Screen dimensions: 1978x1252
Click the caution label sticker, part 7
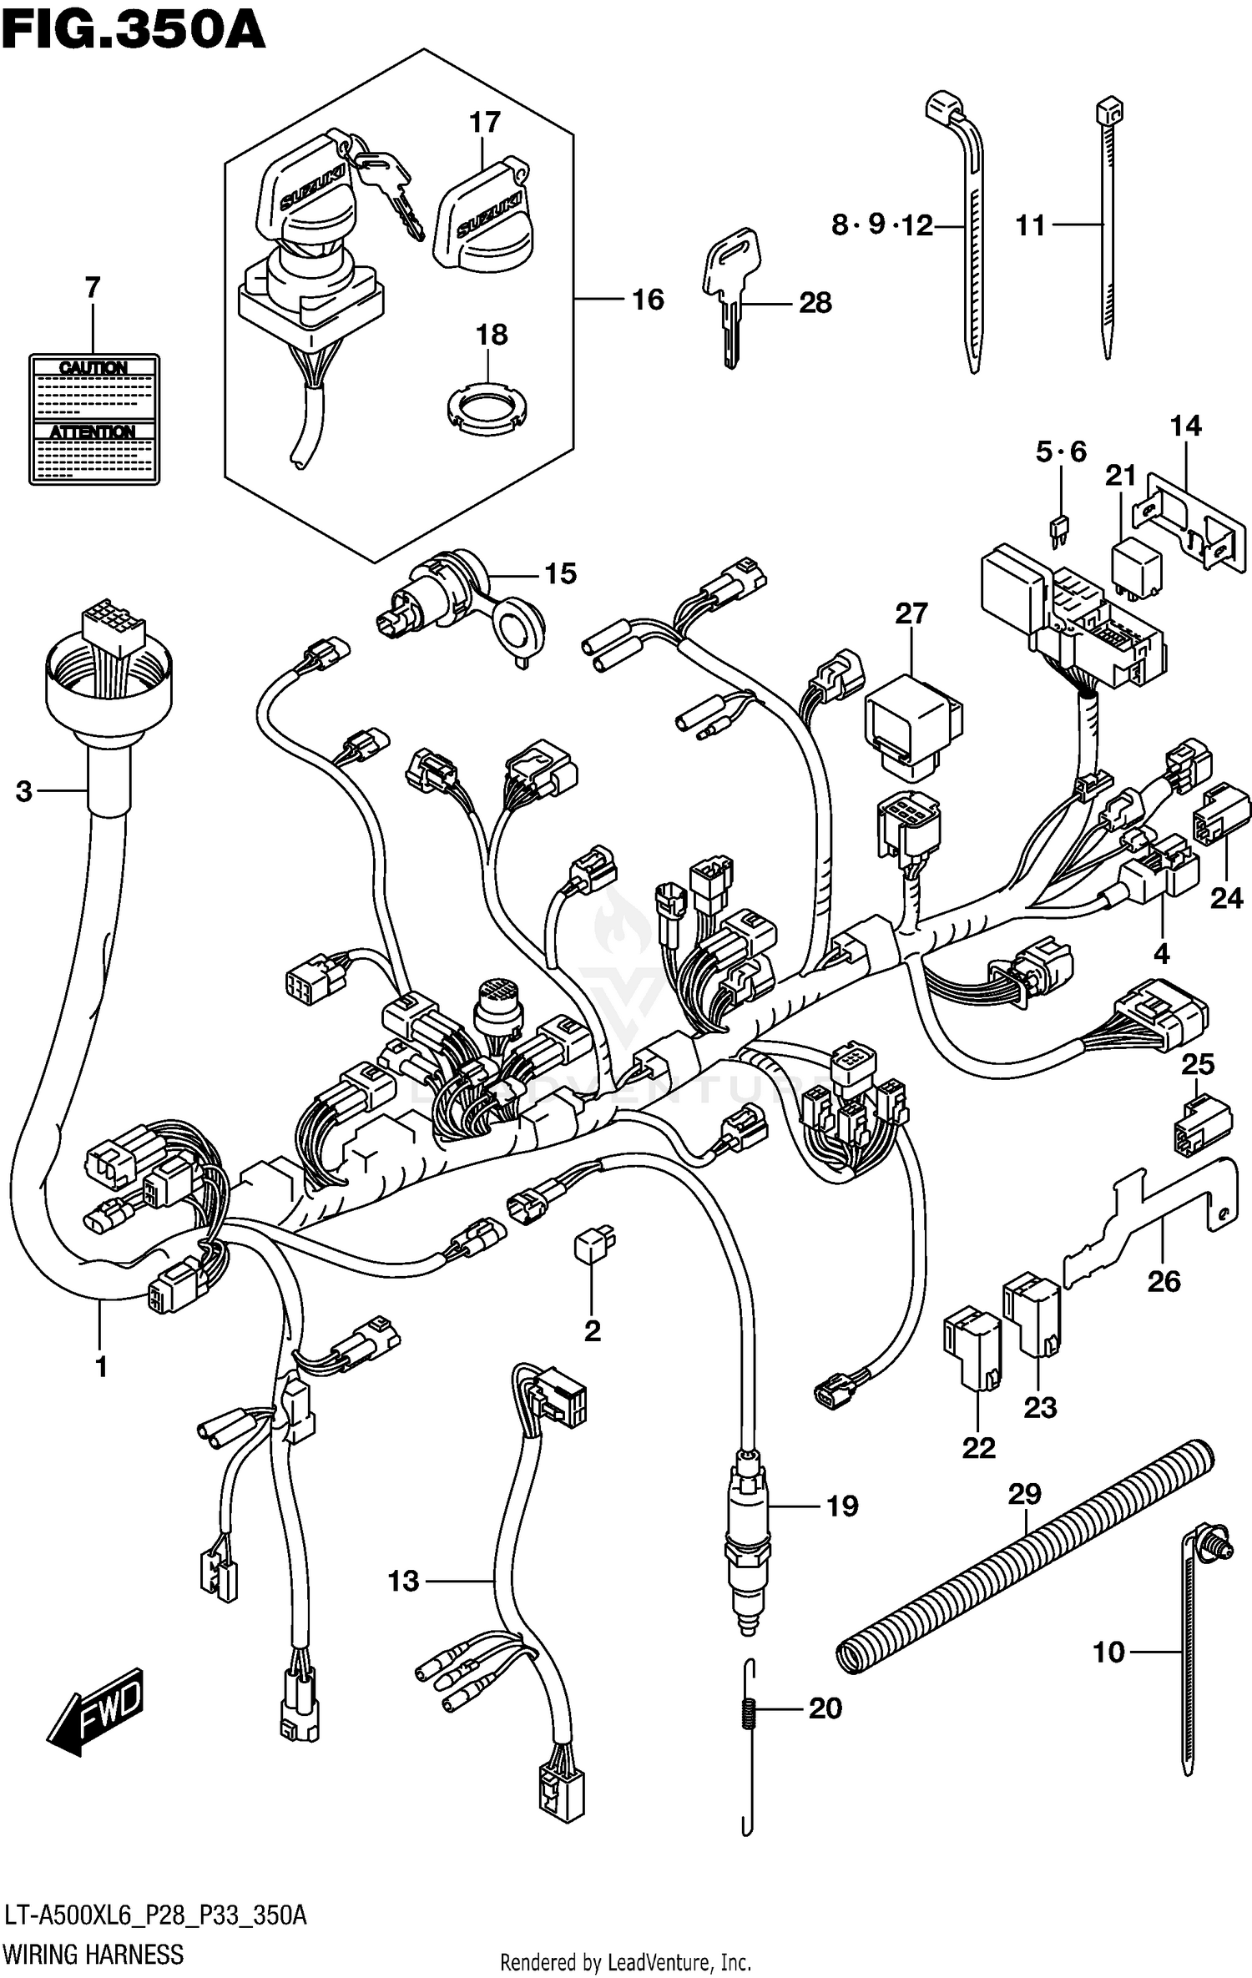(93, 419)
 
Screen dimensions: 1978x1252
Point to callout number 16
(648, 300)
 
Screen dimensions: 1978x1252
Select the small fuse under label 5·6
(1059, 531)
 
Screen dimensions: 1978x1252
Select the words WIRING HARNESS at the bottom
(93, 1955)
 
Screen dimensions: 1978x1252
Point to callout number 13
(403, 1580)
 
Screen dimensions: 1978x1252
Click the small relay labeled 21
(1136, 568)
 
